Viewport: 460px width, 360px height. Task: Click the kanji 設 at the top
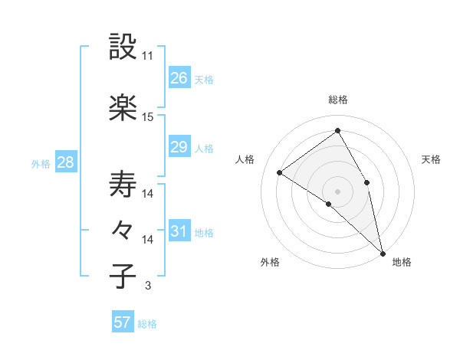tap(123, 47)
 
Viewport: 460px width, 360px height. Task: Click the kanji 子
tap(123, 276)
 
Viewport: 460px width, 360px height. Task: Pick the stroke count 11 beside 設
tap(148, 56)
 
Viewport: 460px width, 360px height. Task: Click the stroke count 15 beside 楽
tap(148, 116)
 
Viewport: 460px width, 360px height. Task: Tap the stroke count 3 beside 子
tap(147, 286)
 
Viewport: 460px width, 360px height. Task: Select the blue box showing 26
tap(179, 77)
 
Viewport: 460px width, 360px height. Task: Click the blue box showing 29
tap(179, 147)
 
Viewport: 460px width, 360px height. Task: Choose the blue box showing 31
tap(179, 231)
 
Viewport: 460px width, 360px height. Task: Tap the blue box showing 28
tap(65, 162)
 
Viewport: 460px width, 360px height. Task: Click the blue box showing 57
tap(122, 322)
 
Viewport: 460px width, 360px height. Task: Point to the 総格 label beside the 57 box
tap(147, 324)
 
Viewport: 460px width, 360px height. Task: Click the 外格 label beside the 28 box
tap(41, 163)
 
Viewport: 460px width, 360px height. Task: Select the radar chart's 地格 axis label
tap(402, 262)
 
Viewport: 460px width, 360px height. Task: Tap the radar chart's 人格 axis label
tap(245, 159)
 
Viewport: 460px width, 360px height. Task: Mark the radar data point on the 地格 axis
tap(383, 253)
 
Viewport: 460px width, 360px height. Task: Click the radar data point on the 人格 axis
tap(280, 173)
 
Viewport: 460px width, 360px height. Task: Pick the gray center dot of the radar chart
tap(337, 190)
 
